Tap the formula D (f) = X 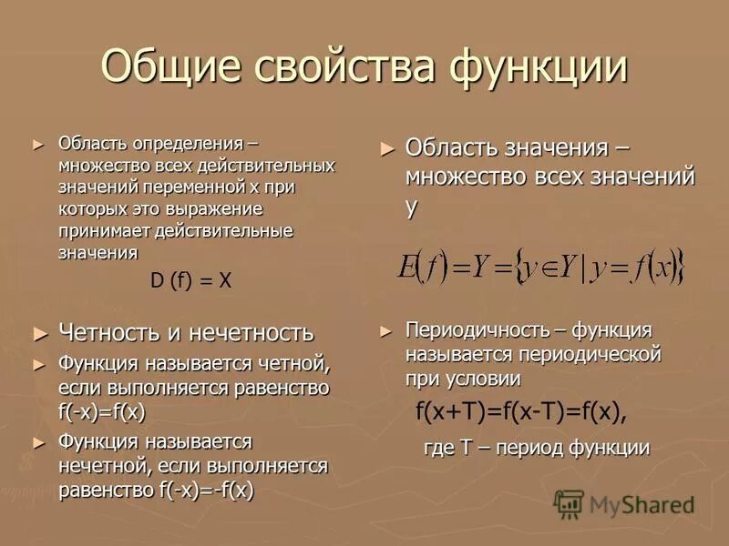pyautogui.click(x=191, y=281)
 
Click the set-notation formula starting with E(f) pyautogui.click(x=540, y=266)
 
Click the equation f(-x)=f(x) pyautogui.click(x=102, y=411)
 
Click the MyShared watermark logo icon pyautogui.click(x=569, y=503)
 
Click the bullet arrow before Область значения pyautogui.click(x=388, y=148)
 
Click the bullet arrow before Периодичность pyautogui.click(x=386, y=331)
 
